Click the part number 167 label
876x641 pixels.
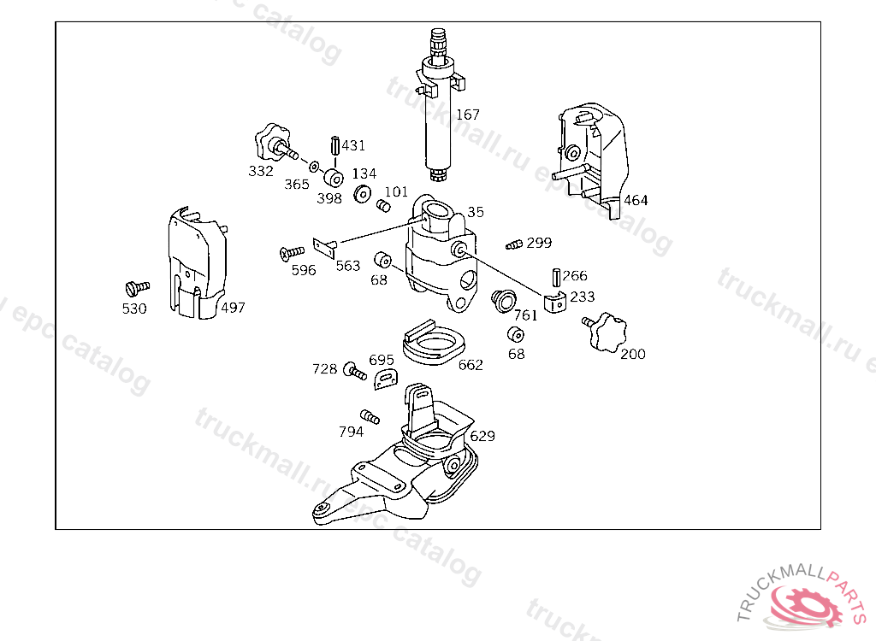pos(468,115)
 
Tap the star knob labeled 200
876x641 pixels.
pos(607,332)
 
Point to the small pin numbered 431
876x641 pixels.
pos(335,145)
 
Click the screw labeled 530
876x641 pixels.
pos(137,288)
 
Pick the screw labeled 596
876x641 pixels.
pos(292,253)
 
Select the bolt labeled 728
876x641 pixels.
pos(355,370)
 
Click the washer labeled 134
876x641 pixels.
pos(363,194)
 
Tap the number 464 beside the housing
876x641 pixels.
pos(636,200)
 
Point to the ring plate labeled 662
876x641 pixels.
pos(434,342)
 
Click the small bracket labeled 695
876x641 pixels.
pos(386,379)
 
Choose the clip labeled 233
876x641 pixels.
pos(554,302)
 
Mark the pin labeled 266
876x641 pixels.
pos(557,278)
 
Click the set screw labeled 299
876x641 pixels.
pos(514,244)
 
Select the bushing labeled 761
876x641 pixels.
pos(503,301)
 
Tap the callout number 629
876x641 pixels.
pos(482,436)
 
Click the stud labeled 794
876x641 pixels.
pos(370,416)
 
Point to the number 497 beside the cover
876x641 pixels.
pos(233,307)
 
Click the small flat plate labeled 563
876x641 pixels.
pos(325,247)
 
